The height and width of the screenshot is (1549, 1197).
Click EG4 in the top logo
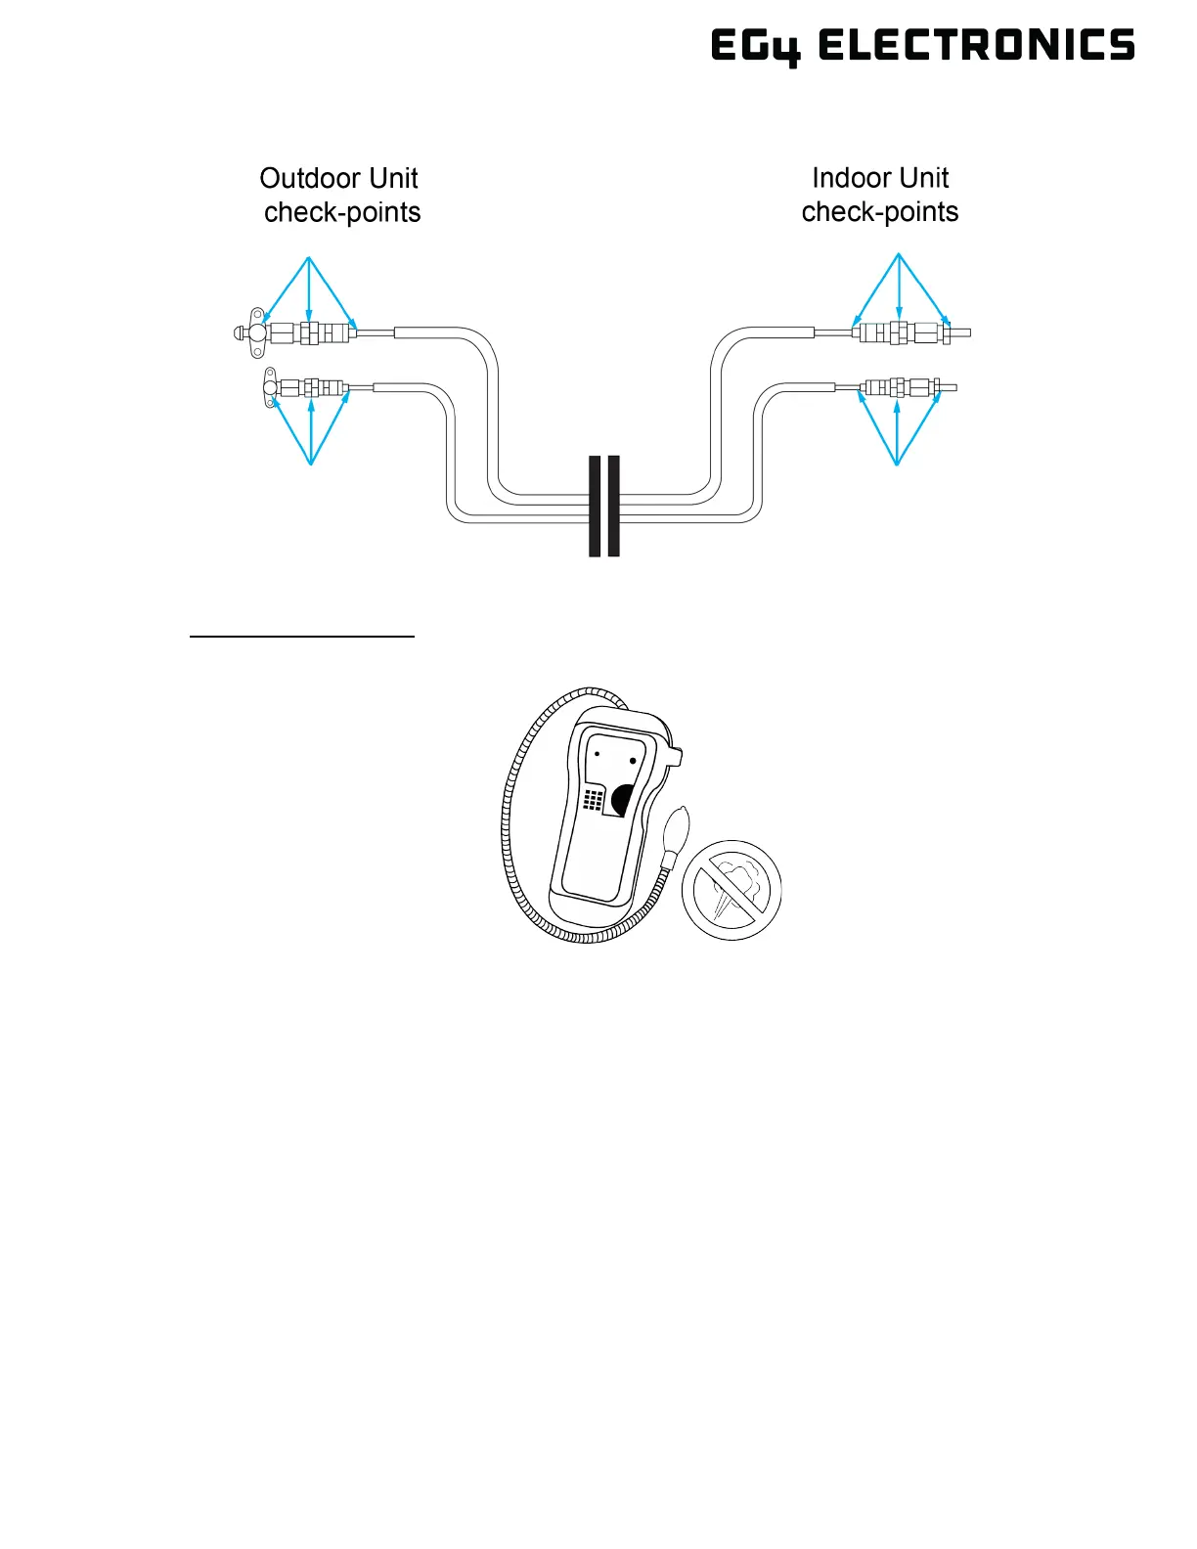pyautogui.click(x=754, y=47)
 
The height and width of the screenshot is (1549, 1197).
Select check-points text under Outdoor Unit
pyautogui.click(x=342, y=212)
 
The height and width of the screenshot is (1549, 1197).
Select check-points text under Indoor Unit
pyautogui.click(x=879, y=212)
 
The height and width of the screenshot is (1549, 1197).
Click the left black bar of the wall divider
pyautogui.click(x=595, y=506)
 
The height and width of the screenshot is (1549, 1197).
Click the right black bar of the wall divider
pyautogui.click(x=614, y=506)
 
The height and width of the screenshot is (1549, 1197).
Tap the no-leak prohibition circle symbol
pyautogui.click(x=731, y=890)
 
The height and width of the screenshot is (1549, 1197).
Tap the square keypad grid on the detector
pyautogui.click(x=593, y=799)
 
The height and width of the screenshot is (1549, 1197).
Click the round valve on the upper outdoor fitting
pyautogui.click(x=257, y=333)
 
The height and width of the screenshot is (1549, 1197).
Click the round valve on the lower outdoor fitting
pyautogui.click(x=269, y=389)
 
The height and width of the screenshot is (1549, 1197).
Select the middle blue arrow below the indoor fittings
pyautogui.click(x=897, y=430)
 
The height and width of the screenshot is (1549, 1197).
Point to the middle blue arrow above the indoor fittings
pyautogui.click(x=899, y=288)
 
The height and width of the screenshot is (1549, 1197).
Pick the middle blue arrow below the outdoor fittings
pyautogui.click(x=311, y=430)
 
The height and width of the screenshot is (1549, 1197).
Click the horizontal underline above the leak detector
pyautogui.click(x=302, y=637)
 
